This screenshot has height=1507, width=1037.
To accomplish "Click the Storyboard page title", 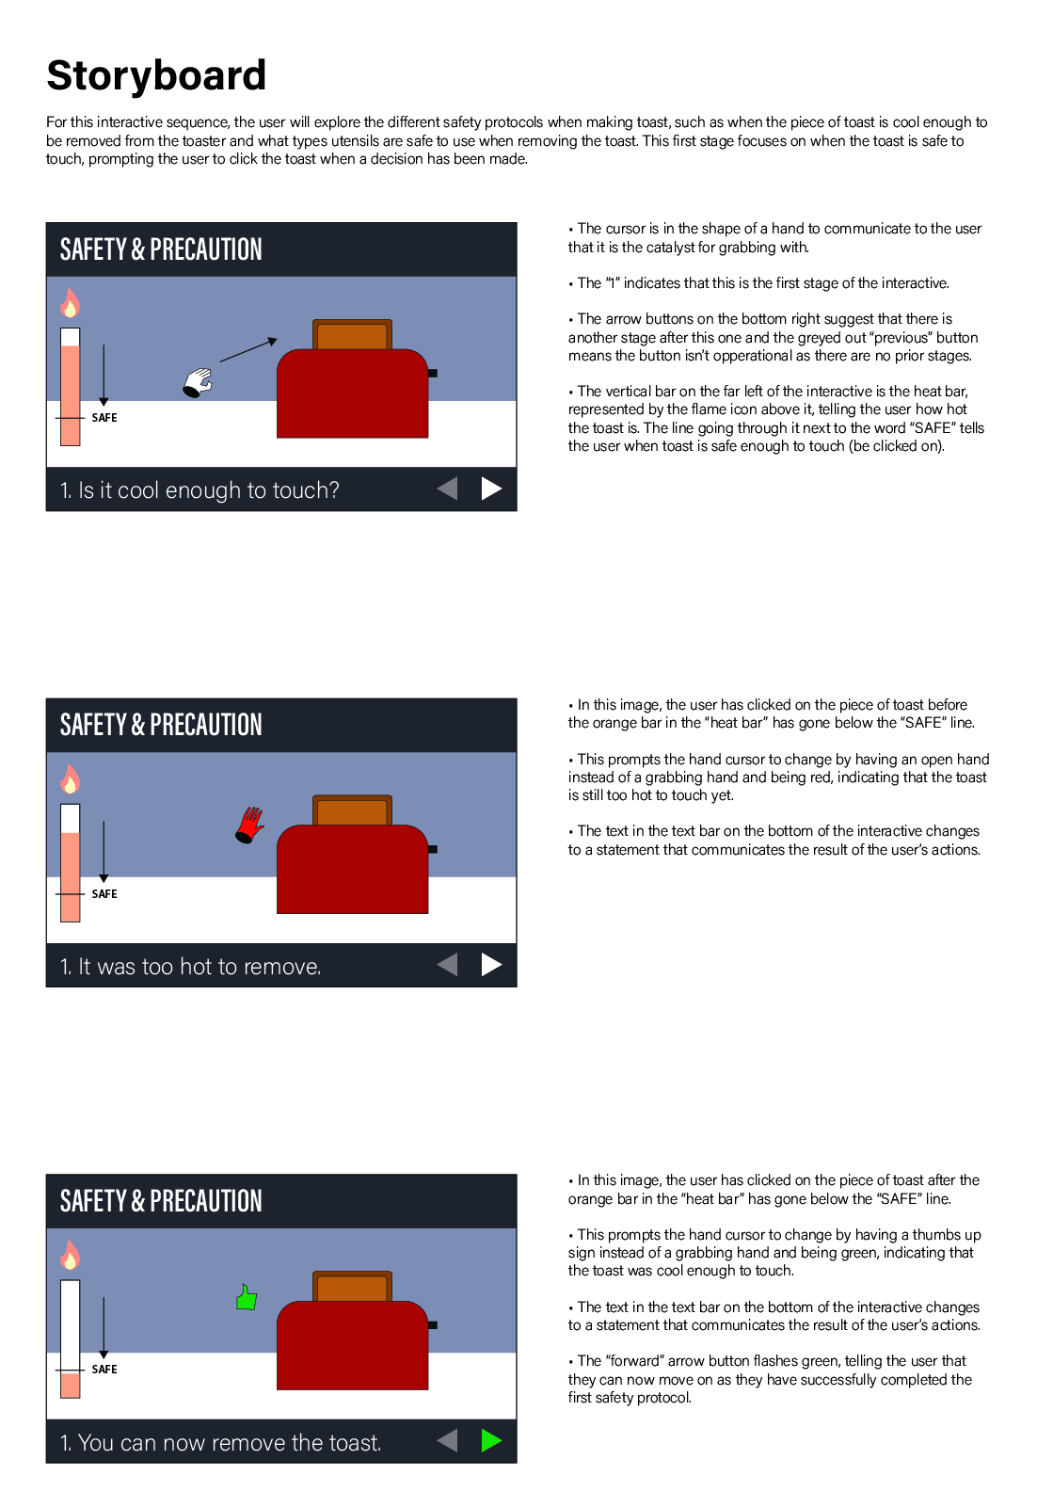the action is point(156,74).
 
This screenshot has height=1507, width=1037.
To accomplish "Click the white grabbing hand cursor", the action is point(197,382).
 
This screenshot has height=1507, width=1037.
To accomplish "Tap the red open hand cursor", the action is point(249,825).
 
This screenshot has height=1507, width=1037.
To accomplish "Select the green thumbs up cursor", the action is point(247,1296).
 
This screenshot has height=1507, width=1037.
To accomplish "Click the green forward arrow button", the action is point(491,1440).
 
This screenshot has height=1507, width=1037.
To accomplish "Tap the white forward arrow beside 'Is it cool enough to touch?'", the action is point(491,489).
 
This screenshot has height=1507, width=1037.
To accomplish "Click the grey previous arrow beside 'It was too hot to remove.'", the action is point(447,964).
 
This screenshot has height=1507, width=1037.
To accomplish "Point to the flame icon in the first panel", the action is point(70,303).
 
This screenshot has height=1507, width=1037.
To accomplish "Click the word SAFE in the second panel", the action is point(104,893).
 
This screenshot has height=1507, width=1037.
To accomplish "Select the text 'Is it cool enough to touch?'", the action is point(209,489).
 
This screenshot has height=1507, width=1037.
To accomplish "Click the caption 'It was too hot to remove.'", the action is point(199,966).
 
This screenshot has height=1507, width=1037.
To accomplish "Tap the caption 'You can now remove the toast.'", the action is point(230,1442).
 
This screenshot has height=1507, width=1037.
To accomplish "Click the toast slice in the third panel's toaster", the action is point(352,1286).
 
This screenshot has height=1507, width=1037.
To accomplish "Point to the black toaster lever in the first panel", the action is point(433,374).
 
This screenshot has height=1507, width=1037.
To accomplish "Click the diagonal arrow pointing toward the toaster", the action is point(248,350).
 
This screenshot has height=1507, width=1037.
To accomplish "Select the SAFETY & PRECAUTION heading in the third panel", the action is point(161,1201).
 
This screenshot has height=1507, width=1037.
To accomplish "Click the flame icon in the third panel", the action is point(70,1255).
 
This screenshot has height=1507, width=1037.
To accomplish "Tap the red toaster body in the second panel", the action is point(352,869).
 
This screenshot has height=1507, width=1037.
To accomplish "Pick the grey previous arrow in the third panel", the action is point(447,1440).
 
